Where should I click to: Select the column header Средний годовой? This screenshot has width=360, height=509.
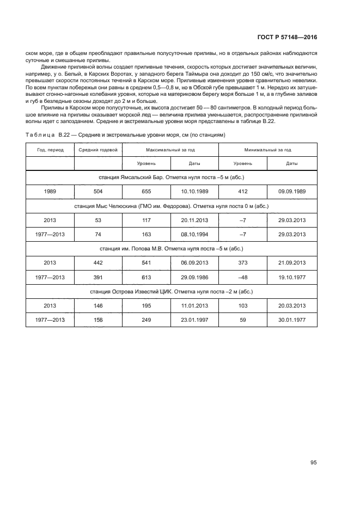tap(98, 149)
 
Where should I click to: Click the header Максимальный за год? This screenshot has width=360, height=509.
tap(170, 149)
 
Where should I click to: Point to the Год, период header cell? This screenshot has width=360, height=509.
tap(50, 149)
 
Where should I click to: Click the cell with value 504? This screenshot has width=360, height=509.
tap(98, 192)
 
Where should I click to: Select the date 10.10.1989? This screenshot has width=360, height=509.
tap(194, 192)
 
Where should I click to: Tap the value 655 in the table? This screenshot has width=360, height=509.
tap(147, 192)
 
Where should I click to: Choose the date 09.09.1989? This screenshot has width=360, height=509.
tap(292, 192)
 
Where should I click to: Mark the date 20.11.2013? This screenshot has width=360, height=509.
tap(194, 220)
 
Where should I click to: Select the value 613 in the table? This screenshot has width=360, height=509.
tap(147, 277)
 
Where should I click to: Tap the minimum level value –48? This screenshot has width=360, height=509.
tap(243, 277)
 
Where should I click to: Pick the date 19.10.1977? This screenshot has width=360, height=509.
tap(292, 277)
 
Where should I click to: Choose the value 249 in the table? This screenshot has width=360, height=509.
tap(147, 320)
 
